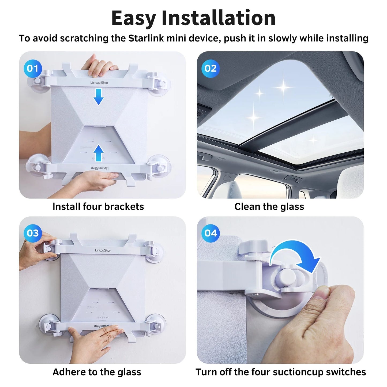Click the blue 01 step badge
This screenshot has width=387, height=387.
[x=33, y=69]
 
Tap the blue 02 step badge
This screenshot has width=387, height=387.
[x=210, y=69]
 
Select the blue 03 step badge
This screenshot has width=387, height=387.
[x=33, y=233]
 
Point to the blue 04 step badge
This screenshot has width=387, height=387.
[x=211, y=233]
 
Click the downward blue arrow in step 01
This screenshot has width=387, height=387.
[x=99, y=97]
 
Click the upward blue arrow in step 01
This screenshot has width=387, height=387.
[x=99, y=153]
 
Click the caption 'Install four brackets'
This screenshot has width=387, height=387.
[x=98, y=206]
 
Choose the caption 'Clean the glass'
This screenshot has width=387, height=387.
[x=269, y=206]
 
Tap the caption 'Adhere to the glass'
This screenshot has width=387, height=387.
[x=97, y=372]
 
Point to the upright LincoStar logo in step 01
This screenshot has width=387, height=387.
[x=99, y=82]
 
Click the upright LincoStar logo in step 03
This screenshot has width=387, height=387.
[x=103, y=250]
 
